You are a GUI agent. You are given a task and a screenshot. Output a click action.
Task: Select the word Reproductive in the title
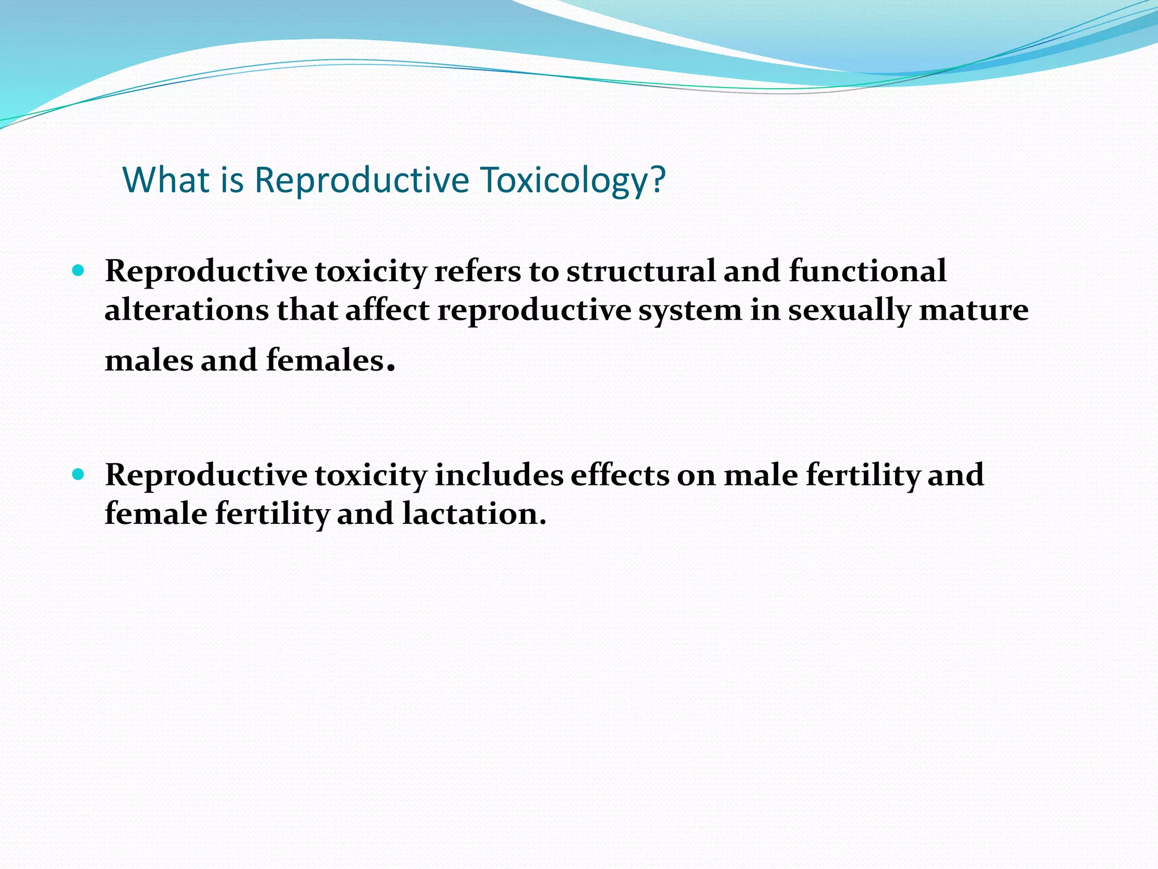tap(362, 180)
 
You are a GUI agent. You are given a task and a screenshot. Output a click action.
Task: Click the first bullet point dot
tap(79, 270)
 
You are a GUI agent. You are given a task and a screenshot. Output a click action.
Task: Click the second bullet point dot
tap(79, 474)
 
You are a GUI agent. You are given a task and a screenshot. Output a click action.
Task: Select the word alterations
tap(187, 310)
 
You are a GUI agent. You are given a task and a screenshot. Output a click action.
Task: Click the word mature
tap(974, 310)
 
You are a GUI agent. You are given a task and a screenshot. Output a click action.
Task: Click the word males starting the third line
tap(149, 360)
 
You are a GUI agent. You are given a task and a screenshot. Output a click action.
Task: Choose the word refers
tap(478, 271)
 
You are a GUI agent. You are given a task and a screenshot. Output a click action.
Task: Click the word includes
tap(499, 475)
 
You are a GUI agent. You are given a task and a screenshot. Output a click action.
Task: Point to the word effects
tap(620, 475)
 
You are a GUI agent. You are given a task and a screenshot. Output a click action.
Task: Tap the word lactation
tap(474, 514)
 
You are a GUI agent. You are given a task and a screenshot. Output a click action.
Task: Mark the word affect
tap(387, 310)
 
